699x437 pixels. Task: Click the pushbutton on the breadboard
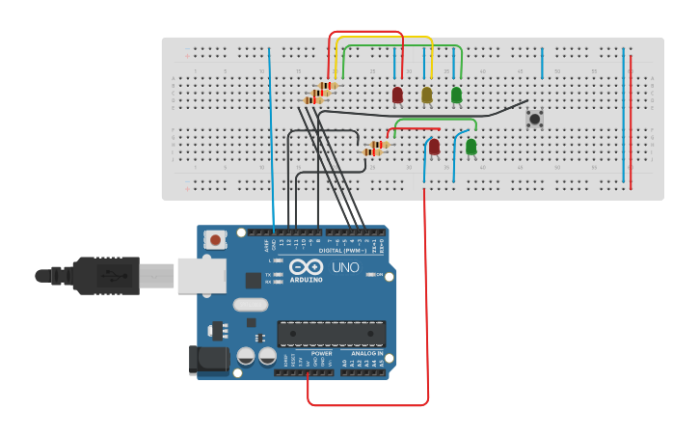point(534,119)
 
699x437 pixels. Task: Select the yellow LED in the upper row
point(426,95)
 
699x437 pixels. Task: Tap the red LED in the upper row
point(397,95)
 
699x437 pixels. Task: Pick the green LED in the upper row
point(456,95)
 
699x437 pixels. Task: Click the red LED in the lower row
point(434,147)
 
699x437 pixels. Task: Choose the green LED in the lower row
point(470,147)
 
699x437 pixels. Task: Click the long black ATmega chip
point(331,334)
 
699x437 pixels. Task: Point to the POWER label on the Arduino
point(321,353)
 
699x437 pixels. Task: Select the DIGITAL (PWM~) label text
point(322,251)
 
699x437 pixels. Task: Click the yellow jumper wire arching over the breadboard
point(386,39)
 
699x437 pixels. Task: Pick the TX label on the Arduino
point(268,275)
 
